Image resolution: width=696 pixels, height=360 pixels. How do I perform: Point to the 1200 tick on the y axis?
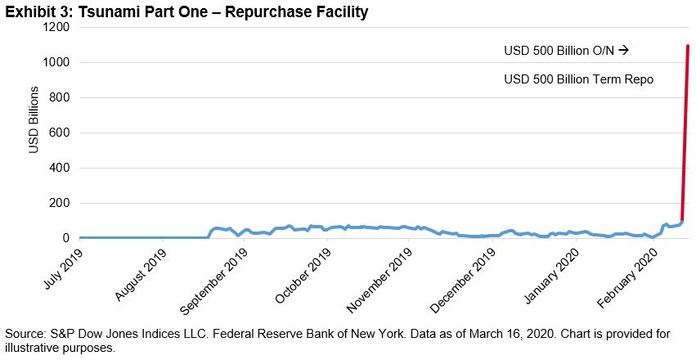click(55, 27)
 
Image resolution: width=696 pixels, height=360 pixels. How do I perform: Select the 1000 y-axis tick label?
click(55, 62)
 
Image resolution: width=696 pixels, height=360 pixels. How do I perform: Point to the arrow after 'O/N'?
click(623, 51)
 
